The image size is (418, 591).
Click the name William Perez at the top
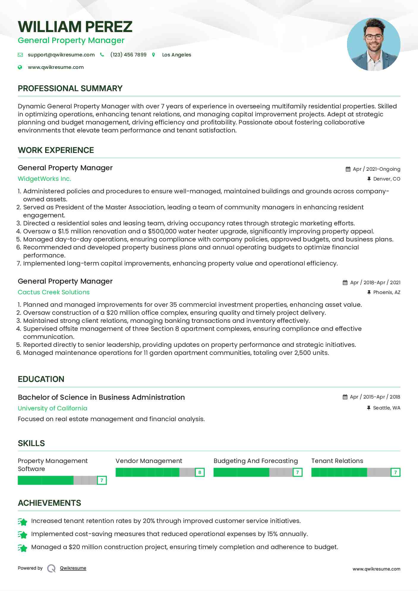tap(75, 27)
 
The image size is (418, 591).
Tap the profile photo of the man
tap(373, 45)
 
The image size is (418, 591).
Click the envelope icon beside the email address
tap(20, 55)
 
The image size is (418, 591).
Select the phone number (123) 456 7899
tap(128, 55)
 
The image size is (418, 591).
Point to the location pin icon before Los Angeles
tap(154, 55)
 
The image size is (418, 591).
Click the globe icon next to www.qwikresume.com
tap(20, 67)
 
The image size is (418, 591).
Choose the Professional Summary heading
tap(70, 89)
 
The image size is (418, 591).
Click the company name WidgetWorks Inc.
tap(45, 179)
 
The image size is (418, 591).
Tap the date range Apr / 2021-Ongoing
tap(376, 169)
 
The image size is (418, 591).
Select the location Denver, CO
tap(387, 179)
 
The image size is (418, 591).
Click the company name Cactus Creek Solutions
tap(53, 292)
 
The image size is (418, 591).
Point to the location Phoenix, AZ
tap(387, 293)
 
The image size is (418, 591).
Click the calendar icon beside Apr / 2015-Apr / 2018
tap(345, 397)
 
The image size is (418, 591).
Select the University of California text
tap(53, 408)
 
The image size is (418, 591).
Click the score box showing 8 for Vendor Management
tap(200, 472)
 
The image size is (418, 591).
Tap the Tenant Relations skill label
tap(337, 461)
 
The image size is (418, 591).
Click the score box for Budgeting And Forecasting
tap(297, 472)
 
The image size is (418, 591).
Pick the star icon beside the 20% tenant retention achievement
tap(23, 522)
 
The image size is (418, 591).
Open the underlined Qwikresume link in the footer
tap(73, 568)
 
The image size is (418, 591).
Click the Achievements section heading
tap(49, 503)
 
